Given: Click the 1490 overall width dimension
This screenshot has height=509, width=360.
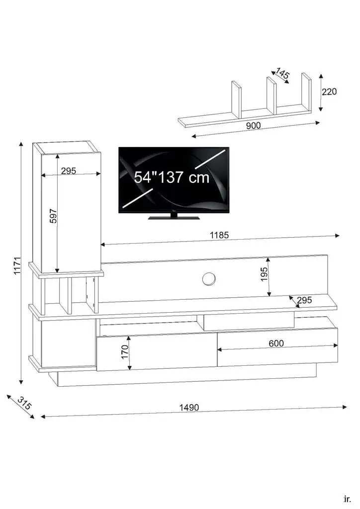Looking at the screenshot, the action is click(189, 408).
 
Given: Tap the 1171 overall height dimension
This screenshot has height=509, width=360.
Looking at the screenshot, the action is click(17, 265).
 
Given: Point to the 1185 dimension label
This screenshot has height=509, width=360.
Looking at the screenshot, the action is click(219, 235).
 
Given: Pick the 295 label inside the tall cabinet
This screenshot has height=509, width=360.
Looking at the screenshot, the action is click(69, 171).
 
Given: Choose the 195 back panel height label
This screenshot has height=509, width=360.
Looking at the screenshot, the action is click(264, 274).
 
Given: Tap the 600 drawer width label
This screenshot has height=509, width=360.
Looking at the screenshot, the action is click(276, 343).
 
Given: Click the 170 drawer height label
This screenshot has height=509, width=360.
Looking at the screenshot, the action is click(125, 352).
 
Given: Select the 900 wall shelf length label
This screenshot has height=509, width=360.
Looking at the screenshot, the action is click(253, 125).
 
